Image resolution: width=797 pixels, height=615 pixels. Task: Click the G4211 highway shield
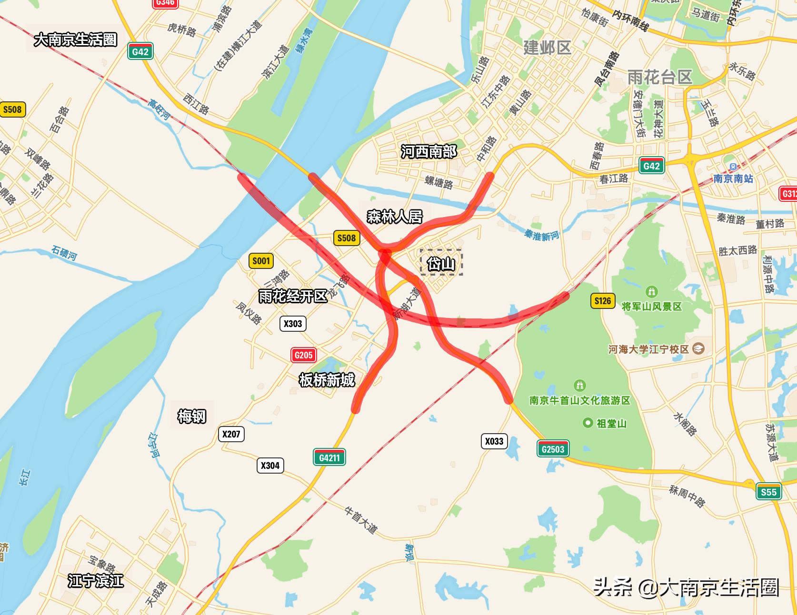coord(329,457)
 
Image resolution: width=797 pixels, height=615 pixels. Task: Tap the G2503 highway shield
coord(553,449)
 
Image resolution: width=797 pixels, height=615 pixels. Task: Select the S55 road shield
coord(768,492)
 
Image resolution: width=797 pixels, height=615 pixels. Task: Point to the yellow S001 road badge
coord(261,260)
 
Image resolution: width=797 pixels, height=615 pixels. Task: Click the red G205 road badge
coord(303,355)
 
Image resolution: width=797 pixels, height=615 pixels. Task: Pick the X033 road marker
coord(494,441)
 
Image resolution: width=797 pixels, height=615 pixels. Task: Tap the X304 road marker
coord(270,465)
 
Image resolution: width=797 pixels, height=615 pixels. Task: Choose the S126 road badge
coord(602,300)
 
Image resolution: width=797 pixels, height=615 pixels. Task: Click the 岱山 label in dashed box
coord(441,263)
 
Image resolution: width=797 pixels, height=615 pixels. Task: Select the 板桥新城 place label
coord(327,380)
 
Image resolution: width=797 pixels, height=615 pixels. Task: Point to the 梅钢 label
coord(192,416)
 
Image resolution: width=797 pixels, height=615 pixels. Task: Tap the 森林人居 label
coord(395,217)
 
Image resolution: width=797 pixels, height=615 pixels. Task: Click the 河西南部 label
coord(428,152)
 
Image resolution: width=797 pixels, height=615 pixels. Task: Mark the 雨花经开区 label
coord(293,296)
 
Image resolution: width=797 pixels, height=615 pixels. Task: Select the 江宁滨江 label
coord(96,581)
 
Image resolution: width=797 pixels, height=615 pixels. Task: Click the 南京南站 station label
coord(733,179)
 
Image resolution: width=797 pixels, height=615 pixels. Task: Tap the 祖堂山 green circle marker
coord(588,423)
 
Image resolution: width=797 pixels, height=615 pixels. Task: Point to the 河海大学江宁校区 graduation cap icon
coord(698,348)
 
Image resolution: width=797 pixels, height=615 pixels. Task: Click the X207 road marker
coord(231,434)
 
